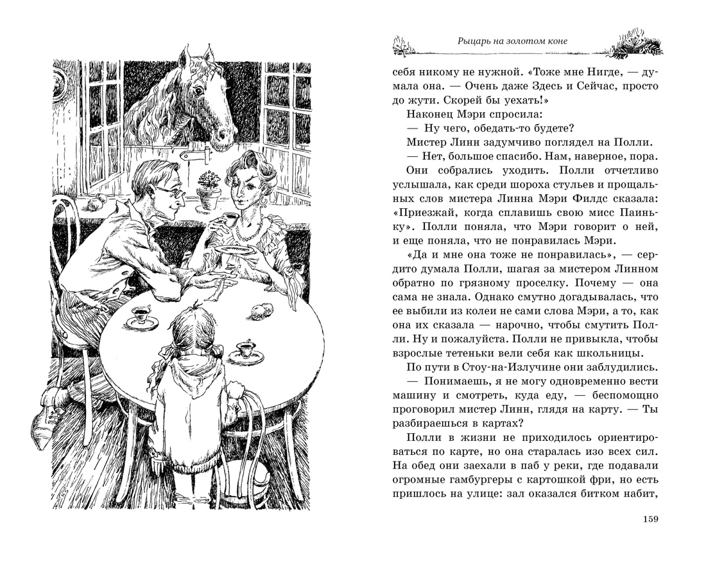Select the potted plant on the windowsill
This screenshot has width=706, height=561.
(207, 190)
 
